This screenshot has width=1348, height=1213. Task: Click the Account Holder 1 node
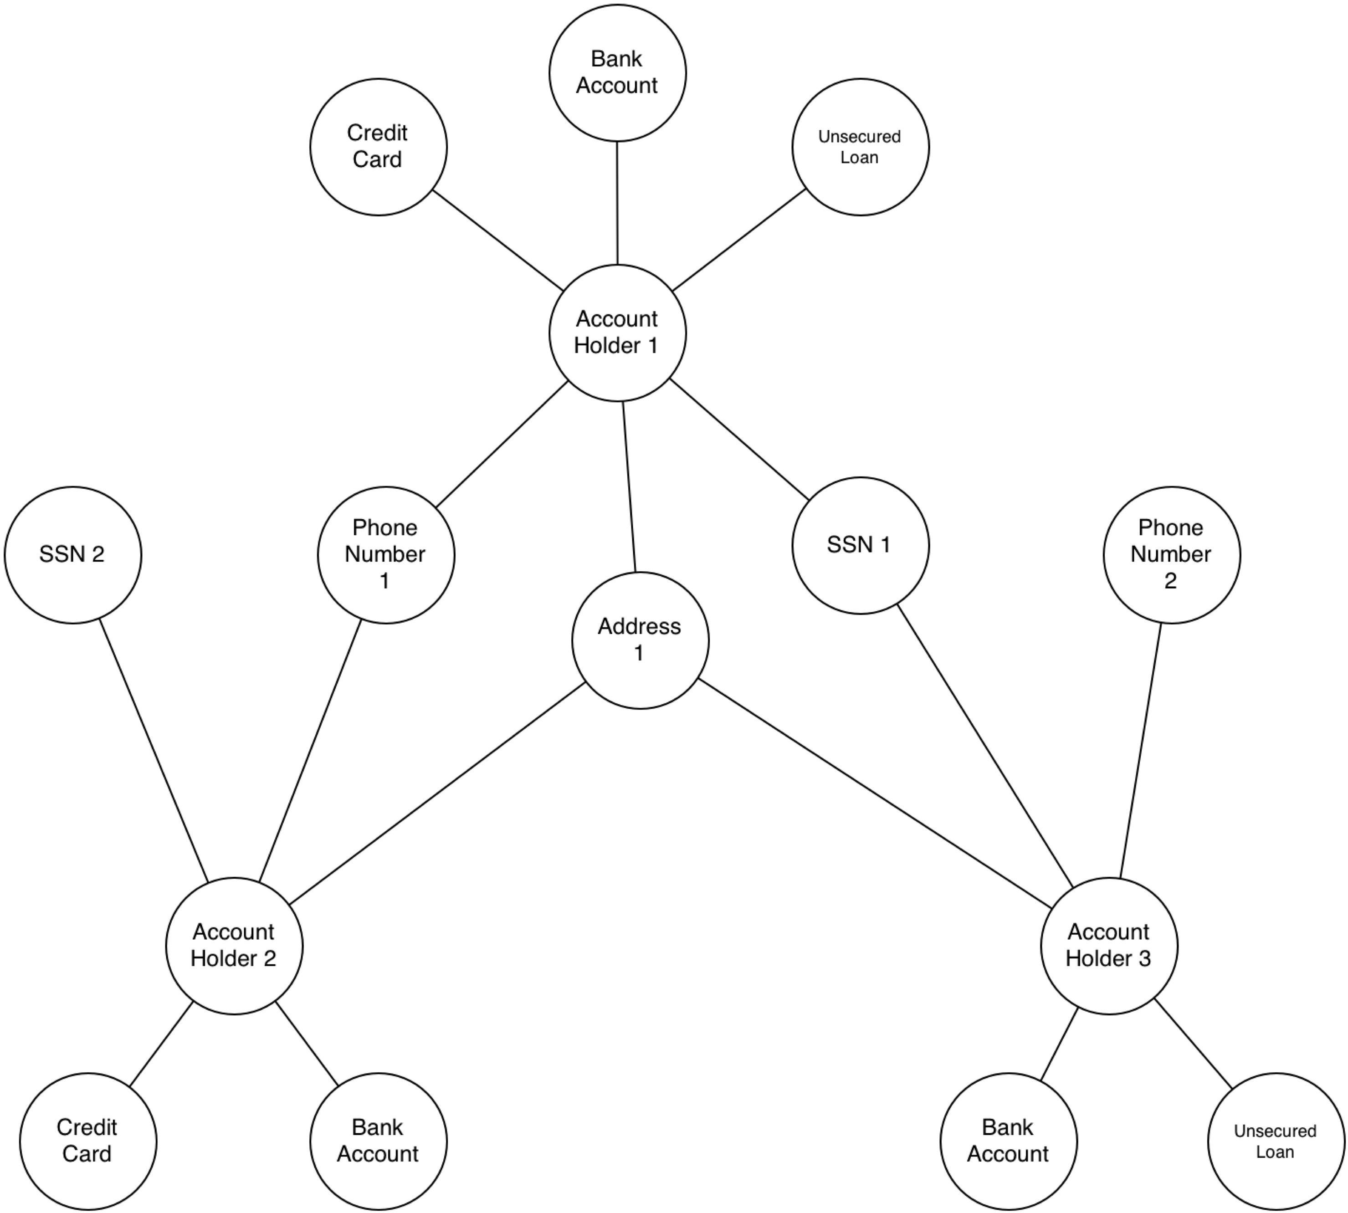click(x=617, y=333)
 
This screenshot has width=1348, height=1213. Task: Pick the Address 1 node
click(x=640, y=640)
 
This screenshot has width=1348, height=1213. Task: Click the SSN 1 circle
click(x=861, y=545)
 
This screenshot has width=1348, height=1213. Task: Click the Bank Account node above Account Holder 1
click(x=617, y=72)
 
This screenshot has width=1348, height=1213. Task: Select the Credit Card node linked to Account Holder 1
click(x=379, y=147)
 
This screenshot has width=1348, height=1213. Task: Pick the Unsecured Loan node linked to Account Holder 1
click(x=861, y=147)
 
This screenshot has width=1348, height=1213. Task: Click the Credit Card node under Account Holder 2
click(x=88, y=1141)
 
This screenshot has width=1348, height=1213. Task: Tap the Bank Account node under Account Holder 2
click(x=379, y=1141)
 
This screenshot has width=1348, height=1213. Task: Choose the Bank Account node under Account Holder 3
click(x=1009, y=1141)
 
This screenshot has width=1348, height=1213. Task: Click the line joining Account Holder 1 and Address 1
click(x=629, y=486)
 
